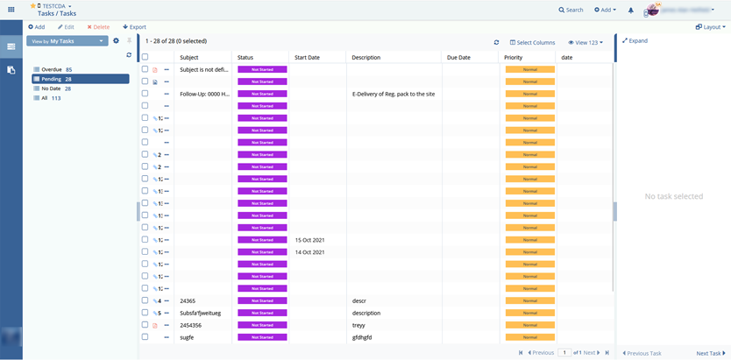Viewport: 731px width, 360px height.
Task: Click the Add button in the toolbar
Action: pos(36,27)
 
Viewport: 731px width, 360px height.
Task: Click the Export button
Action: pos(134,27)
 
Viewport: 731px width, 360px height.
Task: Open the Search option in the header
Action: pos(571,10)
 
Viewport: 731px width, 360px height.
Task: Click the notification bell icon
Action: pos(631,11)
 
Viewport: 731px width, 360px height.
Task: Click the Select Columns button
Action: pos(532,42)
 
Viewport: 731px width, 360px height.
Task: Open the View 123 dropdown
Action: pos(585,42)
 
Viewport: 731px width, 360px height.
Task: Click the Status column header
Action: pos(245,57)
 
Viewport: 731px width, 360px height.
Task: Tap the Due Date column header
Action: pos(458,57)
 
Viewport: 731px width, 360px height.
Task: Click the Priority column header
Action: pos(514,57)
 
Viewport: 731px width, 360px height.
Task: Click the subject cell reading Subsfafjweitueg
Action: pos(200,313)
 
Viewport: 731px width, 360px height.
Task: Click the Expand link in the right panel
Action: pos(635,40)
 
